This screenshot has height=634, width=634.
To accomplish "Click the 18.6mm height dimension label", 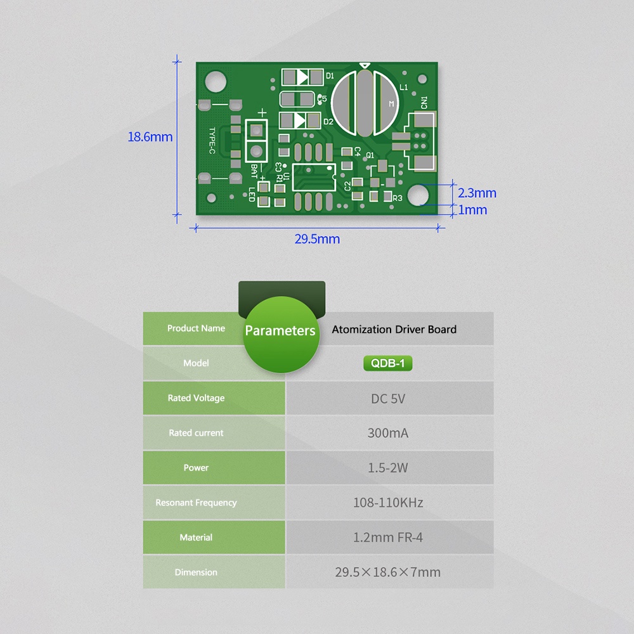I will click(x=150, y=137).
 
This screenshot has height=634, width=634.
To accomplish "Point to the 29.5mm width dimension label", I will click(x=317, y=239).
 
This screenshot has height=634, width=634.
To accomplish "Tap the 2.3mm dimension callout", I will click(x=477, y=193).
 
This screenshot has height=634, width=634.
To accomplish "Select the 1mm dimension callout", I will click(x=472, y=210).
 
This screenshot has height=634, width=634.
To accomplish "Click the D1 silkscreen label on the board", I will click(x=330, y=76).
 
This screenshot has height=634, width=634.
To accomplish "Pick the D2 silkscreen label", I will click(x=328, y=122).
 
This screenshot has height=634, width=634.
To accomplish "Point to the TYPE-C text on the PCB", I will click(x=212, y=141).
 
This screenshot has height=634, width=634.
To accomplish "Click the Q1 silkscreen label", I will click(x=370, y=154).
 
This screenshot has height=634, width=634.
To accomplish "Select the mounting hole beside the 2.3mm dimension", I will click(x=418, y=195).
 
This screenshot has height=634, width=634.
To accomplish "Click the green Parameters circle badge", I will click(x=280, y=330).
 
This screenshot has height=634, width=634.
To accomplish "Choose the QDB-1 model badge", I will click(x=388, y=363).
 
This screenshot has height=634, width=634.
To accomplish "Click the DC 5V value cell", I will click(x=388, y=399).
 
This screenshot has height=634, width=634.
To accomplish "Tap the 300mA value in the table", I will click(x=388, y=434).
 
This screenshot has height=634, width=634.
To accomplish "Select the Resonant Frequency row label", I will click(x=196, y=503).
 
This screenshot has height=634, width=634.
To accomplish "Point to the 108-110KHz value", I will click(x=388, y=503).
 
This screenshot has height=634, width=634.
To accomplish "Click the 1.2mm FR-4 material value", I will click(x=388, y=538).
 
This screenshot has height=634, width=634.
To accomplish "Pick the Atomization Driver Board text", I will click(x=394, y=329).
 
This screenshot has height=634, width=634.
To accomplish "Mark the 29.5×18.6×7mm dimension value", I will click(x=388, y=573).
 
